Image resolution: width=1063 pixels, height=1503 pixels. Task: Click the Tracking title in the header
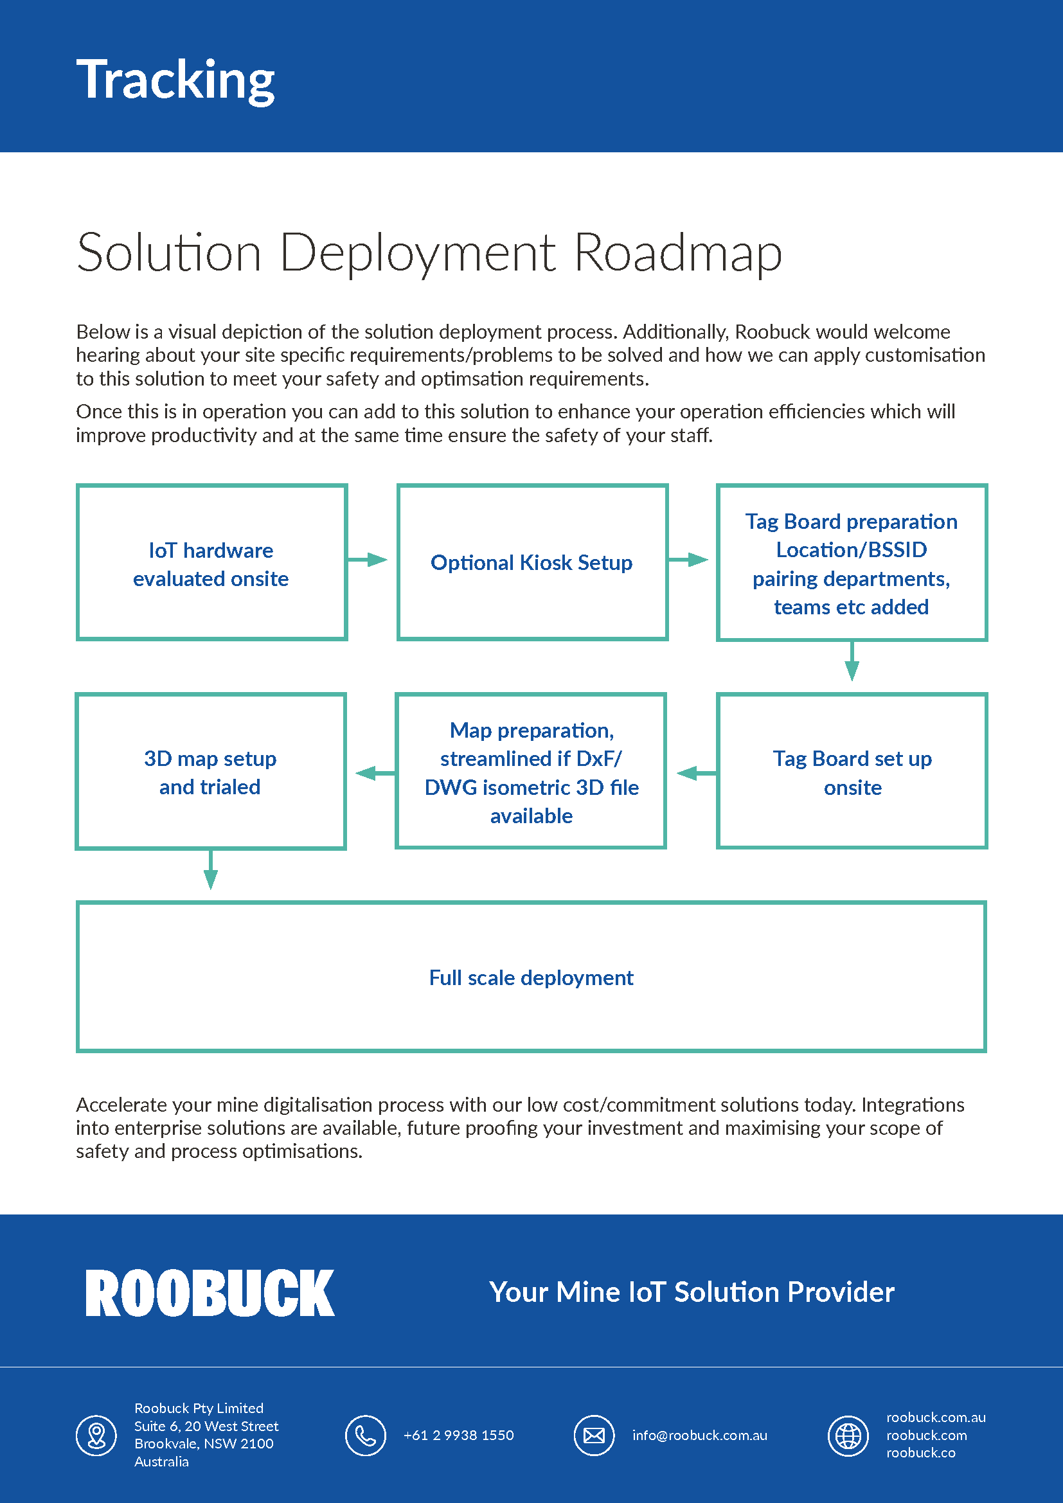click(x=175, y=80)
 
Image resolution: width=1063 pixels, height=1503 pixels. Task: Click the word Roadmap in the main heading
click(x=677, y=253)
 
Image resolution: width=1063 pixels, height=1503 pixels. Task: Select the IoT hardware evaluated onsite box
click(x=211, y=562)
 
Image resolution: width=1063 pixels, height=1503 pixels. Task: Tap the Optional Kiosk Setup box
click(x=531, y=562)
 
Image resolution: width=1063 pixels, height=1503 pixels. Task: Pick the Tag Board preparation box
click(x=851, y=562)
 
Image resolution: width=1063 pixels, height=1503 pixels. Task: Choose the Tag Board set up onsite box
click(x=852, y=771)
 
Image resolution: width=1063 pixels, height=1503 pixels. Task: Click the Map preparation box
click(x=531, y=771)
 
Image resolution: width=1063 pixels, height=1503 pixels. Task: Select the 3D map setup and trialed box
click(x=211, y=771)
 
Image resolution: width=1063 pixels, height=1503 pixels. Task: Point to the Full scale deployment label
click(x=531, y=977)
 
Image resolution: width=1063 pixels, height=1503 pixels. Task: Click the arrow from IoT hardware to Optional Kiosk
click(x=368, y=560)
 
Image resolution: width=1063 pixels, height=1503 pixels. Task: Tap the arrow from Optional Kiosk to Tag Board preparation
click(x=688, y=560)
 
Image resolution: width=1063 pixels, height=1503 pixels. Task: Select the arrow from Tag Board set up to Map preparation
click(x=695, y=774)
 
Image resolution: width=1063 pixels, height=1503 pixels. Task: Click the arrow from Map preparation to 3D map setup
click(x=375, y=774)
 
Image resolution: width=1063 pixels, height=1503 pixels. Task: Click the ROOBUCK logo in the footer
click(x=210, y=1293)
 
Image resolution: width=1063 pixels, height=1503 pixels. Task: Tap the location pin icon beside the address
click(x=97, y=1435)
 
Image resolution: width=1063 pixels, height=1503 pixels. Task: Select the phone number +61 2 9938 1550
click(x=458, y=1435)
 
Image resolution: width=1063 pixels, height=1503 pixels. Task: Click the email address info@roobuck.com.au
click(x=699, y=1435)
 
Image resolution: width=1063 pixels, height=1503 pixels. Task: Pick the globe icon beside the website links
click(x=848, y=1435)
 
